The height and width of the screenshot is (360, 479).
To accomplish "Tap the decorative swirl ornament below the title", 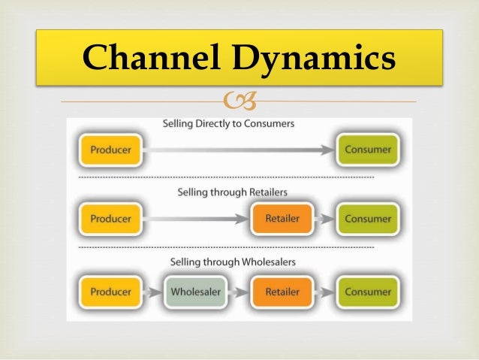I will [239, 98].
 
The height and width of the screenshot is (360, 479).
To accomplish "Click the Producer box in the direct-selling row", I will [110, 150].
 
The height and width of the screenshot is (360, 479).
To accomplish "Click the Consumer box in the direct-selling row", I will [367, 150].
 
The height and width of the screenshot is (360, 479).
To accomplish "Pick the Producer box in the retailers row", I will [110, 219].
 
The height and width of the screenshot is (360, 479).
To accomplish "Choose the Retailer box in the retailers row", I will [282, 219].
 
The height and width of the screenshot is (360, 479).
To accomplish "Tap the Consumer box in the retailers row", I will [367, 219].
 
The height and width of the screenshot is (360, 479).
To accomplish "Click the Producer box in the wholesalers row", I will [110, 291].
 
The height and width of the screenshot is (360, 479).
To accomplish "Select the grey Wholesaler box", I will [196, 291].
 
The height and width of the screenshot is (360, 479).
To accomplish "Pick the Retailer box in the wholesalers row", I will [282, 291].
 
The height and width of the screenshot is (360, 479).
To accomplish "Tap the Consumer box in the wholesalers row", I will [367, 291].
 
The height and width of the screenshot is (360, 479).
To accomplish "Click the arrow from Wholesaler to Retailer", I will [239, 292].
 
